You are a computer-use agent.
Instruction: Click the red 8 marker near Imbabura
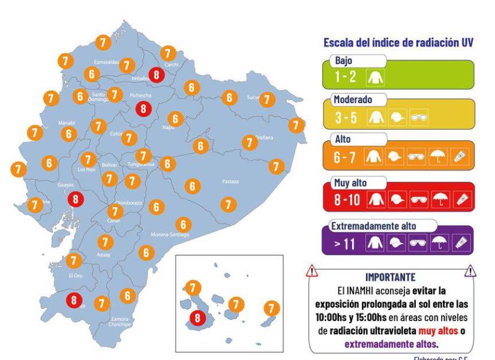click(x=157, y=74)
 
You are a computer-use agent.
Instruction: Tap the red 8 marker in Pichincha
click(x=143, y=109)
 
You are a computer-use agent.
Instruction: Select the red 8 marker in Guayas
click(x=75, y=199)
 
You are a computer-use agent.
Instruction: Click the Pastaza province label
click(x=230, y=181)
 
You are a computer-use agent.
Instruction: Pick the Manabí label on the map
click(x=66, y=122)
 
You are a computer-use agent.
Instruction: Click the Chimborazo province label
click(x=128, y=203)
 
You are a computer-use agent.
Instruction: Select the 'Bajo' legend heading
click(x=345, y=61)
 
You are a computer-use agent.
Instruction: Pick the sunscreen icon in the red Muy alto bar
click(x=462, y=199)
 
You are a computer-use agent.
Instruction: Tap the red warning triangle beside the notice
click(x=313, y=272)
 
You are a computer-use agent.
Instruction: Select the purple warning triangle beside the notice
click(x=471, y=272)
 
